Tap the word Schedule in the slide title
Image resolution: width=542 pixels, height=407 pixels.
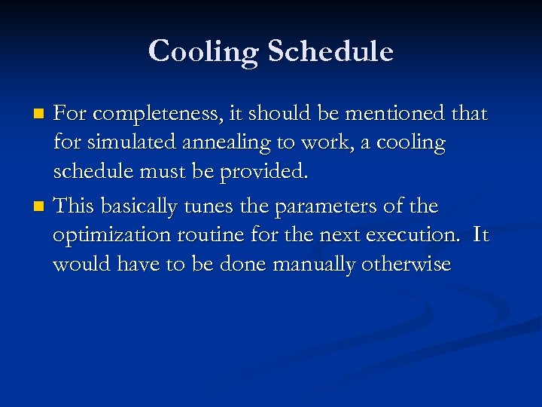tap(330, 51)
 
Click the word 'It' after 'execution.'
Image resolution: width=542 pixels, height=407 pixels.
tap(480, 235)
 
